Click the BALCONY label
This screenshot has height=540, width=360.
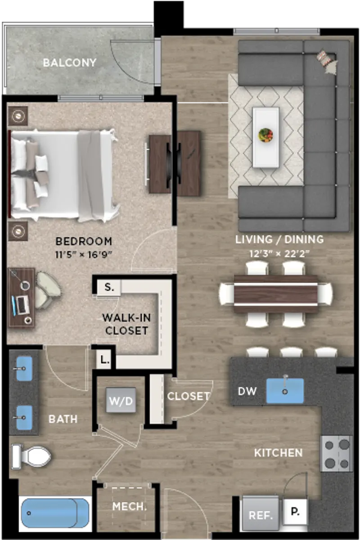69,63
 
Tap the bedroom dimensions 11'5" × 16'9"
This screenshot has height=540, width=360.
84,255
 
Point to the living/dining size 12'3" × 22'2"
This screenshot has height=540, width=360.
279,254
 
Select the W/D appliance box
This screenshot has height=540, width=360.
121,400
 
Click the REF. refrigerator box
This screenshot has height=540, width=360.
261,514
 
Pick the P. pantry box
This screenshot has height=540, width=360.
295,512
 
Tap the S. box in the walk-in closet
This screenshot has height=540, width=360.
109,287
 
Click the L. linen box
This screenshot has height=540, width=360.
104,360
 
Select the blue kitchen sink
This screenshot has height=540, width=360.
285,391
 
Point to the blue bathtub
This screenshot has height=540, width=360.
55,513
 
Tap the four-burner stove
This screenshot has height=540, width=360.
337,454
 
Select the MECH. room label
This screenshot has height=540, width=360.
130,507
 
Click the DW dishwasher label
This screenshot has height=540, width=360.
247,391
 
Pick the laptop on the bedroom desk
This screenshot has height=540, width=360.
21,306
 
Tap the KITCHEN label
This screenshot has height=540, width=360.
278,453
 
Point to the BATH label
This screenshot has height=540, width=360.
63,419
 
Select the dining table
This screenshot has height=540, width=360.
275,294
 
